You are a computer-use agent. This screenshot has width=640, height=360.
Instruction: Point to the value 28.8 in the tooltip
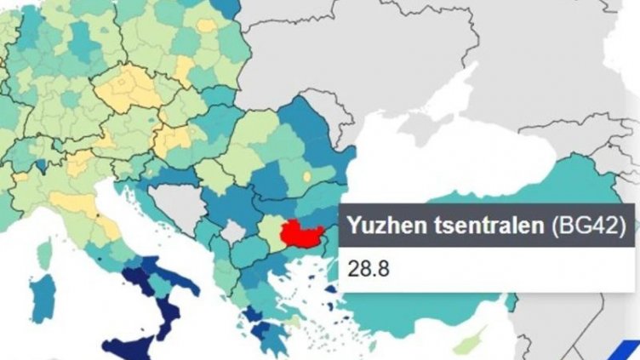pyautogui.click(x=368, y=267)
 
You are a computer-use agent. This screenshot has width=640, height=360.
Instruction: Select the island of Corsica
pyautogui.click(x=45, y=253)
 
